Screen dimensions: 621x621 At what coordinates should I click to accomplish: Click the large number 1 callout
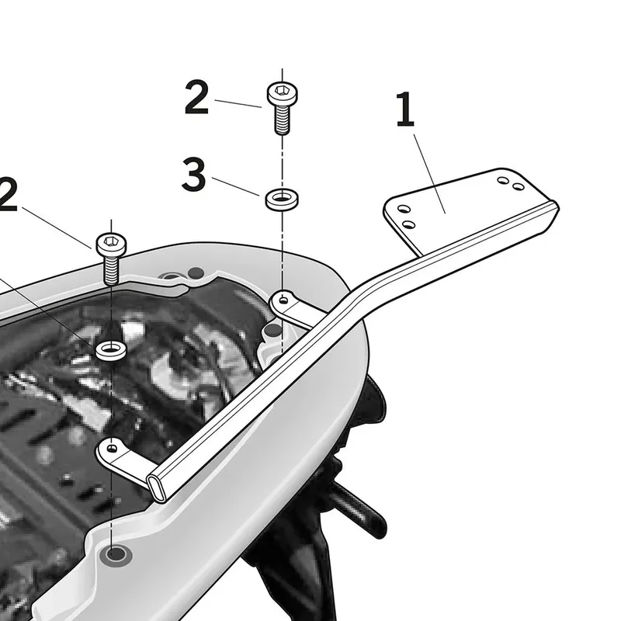pos(405,109)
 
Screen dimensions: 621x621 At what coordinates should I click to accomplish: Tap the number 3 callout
pos(194,174)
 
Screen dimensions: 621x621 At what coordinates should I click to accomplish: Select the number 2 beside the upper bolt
pos(197,97)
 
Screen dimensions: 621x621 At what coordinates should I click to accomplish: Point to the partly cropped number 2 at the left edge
pos(8,194)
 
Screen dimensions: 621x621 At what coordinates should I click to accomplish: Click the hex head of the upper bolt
pos(283,93)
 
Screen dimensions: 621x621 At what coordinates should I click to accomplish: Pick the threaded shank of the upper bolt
pos(283,120)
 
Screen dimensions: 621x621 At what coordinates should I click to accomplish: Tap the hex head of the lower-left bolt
pos(111,244)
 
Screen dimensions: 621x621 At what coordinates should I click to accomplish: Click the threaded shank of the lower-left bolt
pos(111,270)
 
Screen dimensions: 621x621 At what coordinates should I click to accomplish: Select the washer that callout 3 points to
pos(282,199)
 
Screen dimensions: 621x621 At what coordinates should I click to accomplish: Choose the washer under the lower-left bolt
pos(111,351)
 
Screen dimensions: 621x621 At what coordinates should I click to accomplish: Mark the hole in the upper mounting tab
pos(283,300)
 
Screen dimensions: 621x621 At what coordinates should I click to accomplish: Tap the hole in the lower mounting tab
pos(112,449)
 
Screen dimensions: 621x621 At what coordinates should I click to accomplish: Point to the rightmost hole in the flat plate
pos(519,186)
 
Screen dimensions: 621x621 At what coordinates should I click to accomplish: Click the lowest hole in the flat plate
pos(409,225)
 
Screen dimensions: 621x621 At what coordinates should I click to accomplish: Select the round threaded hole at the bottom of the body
pos(115,554)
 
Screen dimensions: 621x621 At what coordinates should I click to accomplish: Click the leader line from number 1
pos(430,174)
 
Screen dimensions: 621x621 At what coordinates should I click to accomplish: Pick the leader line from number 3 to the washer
pos(236,186)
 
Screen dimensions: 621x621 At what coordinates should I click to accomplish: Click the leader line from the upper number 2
pos(238,103)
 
